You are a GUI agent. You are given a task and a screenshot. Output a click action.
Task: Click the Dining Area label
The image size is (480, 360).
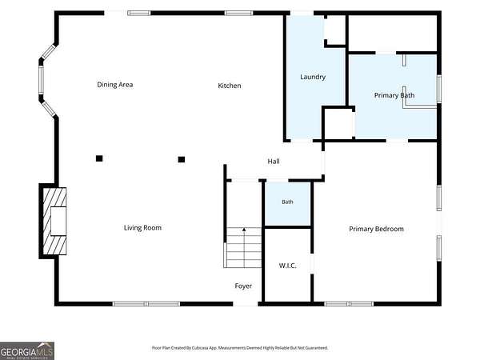[114, 85]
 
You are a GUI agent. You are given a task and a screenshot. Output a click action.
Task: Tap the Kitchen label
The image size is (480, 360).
[230, 86]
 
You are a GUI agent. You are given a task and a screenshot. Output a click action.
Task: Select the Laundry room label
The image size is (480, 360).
[313, 77]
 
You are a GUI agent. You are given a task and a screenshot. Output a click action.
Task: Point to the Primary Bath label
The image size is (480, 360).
[394, 95]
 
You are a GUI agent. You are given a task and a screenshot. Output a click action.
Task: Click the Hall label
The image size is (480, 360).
[274, 162]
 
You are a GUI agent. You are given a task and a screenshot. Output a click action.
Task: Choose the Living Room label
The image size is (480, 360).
[142, 228]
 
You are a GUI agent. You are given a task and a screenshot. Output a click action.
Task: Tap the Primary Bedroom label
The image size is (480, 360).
[376, 229]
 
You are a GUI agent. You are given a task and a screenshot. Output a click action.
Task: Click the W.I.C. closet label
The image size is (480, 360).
[287, 266]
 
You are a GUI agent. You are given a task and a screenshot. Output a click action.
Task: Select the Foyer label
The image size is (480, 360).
[243, 286]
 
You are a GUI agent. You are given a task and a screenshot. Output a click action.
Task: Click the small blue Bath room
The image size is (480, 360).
[288, 204]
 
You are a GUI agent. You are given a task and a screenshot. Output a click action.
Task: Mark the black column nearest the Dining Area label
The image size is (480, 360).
[99, 158]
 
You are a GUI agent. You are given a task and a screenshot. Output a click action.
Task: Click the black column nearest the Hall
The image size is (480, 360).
[182, 159]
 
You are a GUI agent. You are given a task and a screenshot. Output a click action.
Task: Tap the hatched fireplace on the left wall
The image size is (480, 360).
[54, 221]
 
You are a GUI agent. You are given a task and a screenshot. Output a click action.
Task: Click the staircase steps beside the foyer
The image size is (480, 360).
[244, 248]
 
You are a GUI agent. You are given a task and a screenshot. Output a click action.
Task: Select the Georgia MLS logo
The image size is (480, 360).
[27, 351]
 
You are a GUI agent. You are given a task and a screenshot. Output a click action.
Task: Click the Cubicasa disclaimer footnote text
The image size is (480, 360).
[240, 348]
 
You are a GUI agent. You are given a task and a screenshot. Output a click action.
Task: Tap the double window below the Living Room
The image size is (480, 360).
[146, 304]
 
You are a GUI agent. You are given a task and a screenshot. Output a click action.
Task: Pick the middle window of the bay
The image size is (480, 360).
[41, 80]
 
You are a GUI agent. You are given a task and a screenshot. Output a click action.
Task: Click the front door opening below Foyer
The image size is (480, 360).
[246, 304]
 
